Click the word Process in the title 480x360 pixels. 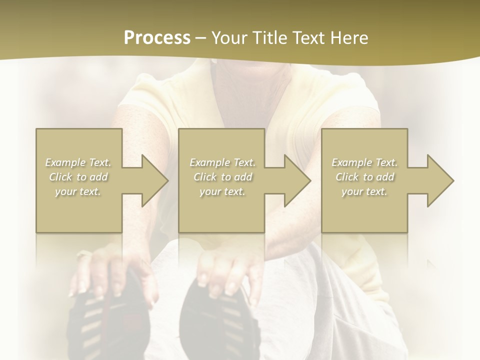click(157, 38)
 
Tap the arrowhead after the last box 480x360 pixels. click(437, 180)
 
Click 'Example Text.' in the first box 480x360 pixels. click(78, 162)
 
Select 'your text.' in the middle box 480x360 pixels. click(222, 191)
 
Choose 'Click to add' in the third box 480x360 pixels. click(364, 177)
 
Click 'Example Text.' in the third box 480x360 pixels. click(364, 162)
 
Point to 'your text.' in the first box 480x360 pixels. click(78, 191)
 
